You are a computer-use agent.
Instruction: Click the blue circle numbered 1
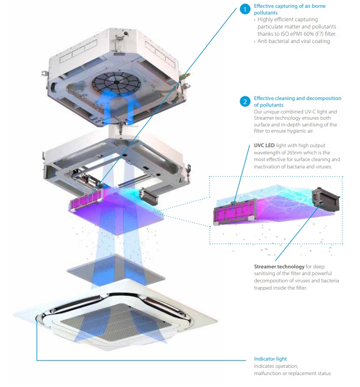point(245,10)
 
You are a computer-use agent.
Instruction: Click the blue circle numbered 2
point(245,102)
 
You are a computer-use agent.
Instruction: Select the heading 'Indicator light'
point(270,359)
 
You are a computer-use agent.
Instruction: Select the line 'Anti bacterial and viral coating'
point(294,41)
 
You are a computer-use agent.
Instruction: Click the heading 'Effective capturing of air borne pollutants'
point(289,9)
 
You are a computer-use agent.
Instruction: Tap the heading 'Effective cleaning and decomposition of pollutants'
point(297,101)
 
